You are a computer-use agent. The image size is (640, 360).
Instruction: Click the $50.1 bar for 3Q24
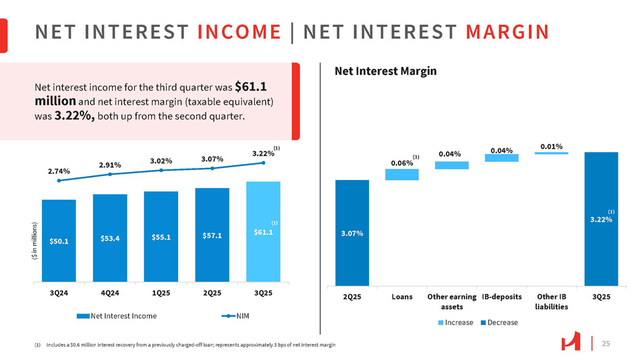click(x=59, y=241)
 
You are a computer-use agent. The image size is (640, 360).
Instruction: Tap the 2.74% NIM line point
click(x=59, y=180)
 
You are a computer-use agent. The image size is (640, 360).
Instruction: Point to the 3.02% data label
click(x=161, y=161)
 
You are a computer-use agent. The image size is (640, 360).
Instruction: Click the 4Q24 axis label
click(x=109, y=294)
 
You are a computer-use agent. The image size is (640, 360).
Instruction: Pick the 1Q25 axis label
click(x=161, y=294)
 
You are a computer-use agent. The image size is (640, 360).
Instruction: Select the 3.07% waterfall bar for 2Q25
click(x=351, y=233)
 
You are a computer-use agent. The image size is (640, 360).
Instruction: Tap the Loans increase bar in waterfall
click(x=402, y=175)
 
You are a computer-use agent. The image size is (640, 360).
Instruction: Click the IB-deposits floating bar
click(x=501, y=158)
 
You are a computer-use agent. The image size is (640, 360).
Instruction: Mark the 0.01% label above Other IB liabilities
click(x=551, y=146)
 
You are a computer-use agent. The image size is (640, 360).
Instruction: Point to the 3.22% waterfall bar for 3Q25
click(x=601, y=219)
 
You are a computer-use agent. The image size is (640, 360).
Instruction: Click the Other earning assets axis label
click(x=451, y=301)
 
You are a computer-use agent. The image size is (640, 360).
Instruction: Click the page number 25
click(x=606, y=344)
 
